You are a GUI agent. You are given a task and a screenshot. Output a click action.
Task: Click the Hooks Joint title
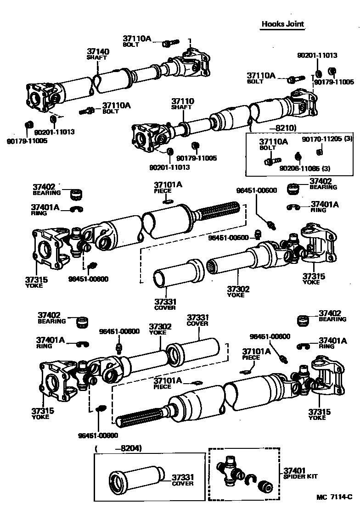[x=283, y=24]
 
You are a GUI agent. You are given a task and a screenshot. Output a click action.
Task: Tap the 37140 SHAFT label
[x=98, y=54]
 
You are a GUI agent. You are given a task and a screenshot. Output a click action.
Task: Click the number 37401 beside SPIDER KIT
[x=294, y=471]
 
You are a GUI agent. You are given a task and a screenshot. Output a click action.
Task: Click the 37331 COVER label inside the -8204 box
[x=183, y=480]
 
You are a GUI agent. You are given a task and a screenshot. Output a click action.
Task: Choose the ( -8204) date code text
[x=118, y=448]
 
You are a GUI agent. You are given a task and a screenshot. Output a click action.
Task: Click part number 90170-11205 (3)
[x=327, y=139]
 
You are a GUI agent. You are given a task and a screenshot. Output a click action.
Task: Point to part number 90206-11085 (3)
[x=305, y=168]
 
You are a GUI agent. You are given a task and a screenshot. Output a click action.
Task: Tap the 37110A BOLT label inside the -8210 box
[x=273, y=144]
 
